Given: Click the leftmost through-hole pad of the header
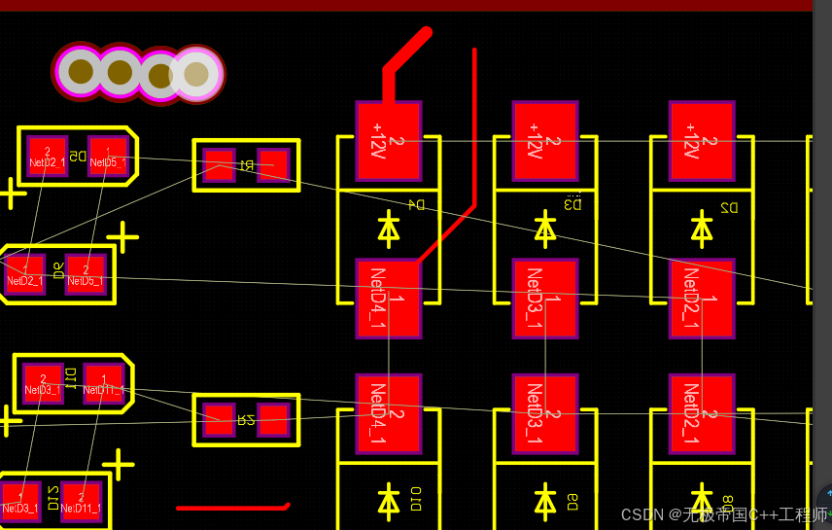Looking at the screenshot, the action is (81, 71).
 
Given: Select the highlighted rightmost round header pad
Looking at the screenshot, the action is (196, 73).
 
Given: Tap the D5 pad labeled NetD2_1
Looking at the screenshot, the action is (47, 156).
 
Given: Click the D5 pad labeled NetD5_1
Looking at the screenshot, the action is (107, 156).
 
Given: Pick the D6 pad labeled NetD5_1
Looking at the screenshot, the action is (86, 274).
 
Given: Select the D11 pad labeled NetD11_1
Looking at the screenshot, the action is (103, 383).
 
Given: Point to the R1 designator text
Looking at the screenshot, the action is (246, 165).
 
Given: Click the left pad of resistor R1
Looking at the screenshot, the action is (219, 165).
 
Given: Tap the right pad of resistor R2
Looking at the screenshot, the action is (273, 420).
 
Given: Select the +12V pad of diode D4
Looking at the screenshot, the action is (388, 141).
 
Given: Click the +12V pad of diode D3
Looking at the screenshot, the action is (544, 141).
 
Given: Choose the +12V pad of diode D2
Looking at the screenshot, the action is (701, 141).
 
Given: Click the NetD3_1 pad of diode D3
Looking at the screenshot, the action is (544, 298).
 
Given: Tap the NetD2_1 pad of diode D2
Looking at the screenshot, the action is (701, 298).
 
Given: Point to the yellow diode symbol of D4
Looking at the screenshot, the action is (389, 229).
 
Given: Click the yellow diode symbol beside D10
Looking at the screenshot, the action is (389, 502).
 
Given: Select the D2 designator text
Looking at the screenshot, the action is (729, 207).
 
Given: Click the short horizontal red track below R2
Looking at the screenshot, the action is (233, 507).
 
